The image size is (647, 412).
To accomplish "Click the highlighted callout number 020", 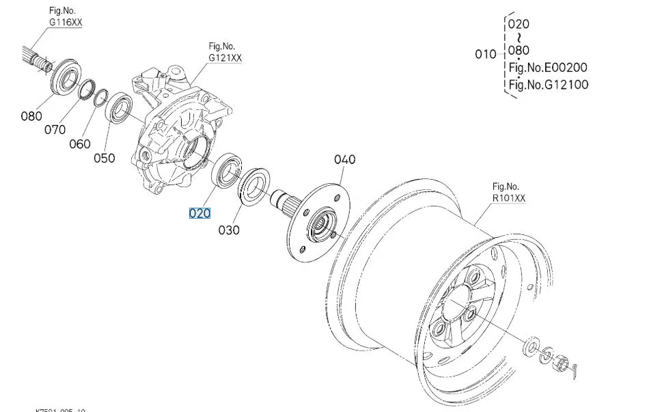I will click(199, 213).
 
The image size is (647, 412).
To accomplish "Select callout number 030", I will click(229, 230).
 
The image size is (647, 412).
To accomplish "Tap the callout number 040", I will click(345, 159).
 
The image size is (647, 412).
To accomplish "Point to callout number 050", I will click(104, 158).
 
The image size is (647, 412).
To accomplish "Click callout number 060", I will click(79, 144).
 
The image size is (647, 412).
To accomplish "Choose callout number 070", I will click(55, 129).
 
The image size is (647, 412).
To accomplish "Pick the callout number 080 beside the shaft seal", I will click(31, 116).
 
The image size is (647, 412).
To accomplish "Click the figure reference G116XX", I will click(66, 22).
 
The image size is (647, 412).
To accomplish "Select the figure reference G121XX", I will click(225, 58).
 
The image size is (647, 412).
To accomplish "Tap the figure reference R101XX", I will click(510, 198).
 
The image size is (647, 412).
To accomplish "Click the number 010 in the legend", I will click(486, 54).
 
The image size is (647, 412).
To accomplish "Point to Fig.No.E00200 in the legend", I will click(548, 68).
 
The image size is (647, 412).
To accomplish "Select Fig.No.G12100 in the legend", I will click(548, 85).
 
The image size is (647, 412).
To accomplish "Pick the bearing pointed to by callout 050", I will click(122, 107).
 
